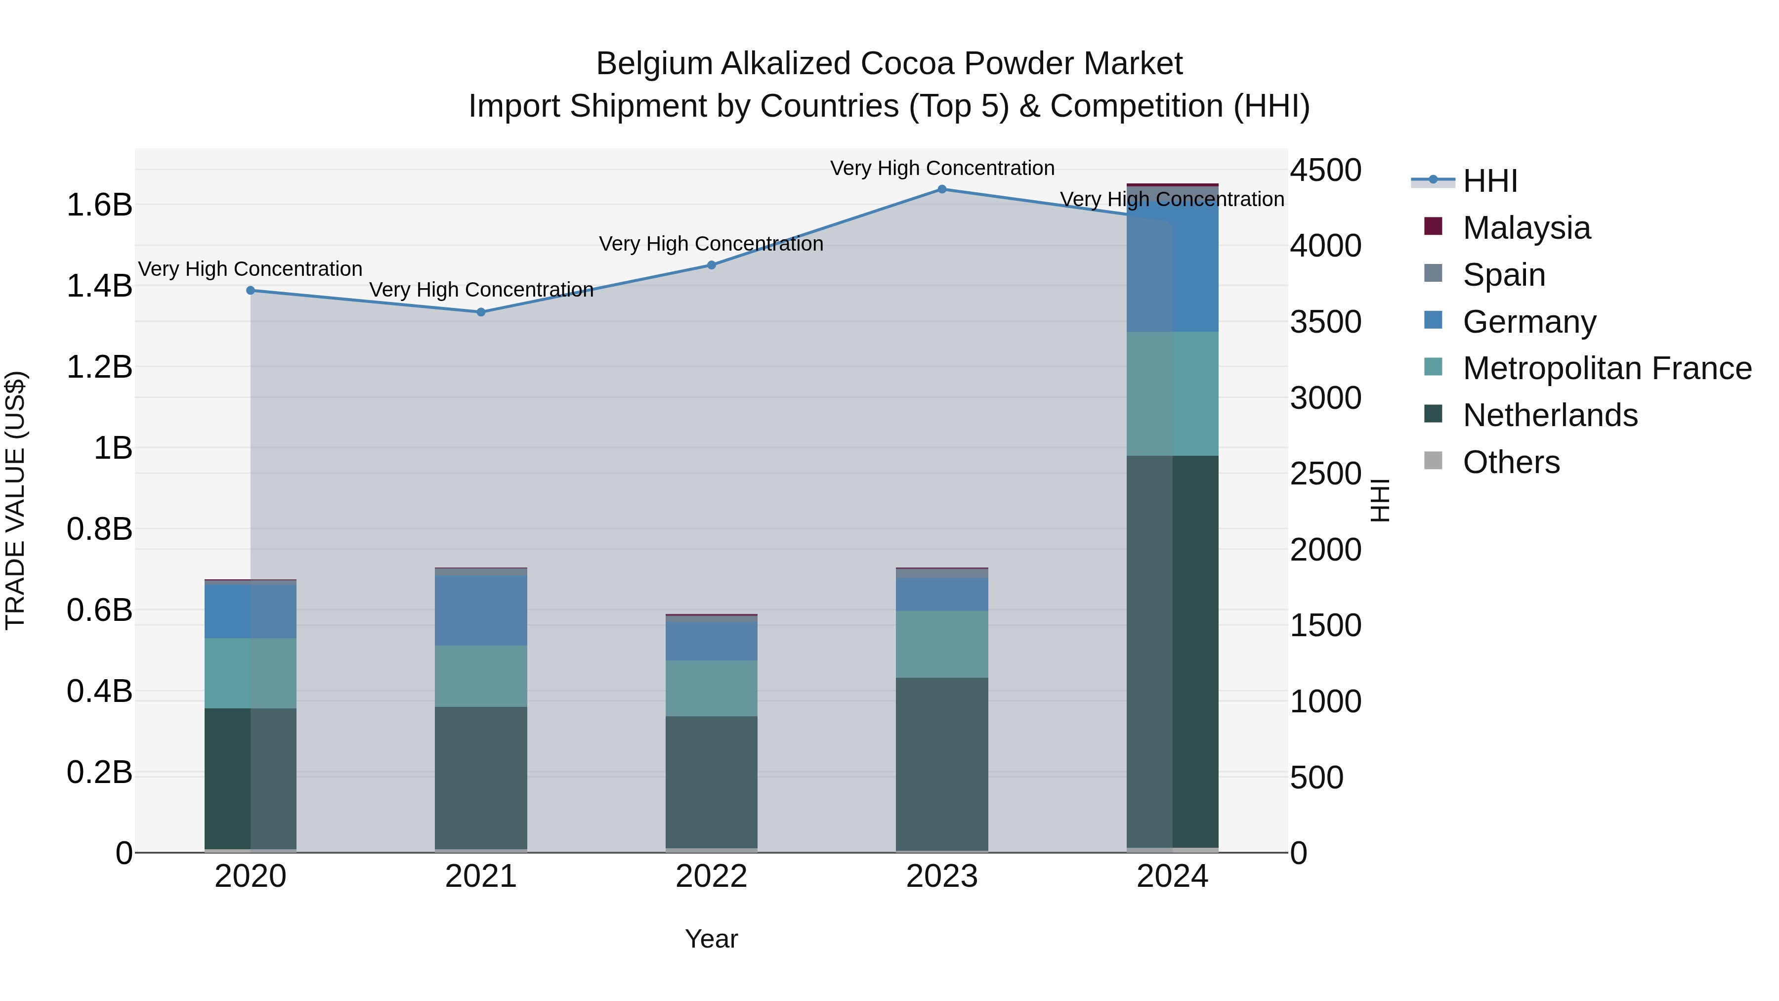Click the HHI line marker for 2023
click(x=942, y=189)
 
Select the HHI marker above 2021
click(x=481, y=312)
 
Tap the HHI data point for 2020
click(x=251, y=291)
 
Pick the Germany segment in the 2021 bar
click(x=481, y=610)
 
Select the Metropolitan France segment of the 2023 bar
click(x=942, y=644)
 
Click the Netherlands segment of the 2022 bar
click(x=711, y=782)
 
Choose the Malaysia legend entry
click(x=1525, y=228)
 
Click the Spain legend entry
click(x=1503, y=275)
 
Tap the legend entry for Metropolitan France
click(x=1607, y=368)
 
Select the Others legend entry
click(x=1510, y=462)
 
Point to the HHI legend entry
click(x=1489, y=181)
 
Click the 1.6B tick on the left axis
click(x=99, y=205)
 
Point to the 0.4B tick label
click(x=99, y=692)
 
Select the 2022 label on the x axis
click(x=711, y=876)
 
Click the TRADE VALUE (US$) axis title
click(x=15, y=500)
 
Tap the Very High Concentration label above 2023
click(x=942, y=168)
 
